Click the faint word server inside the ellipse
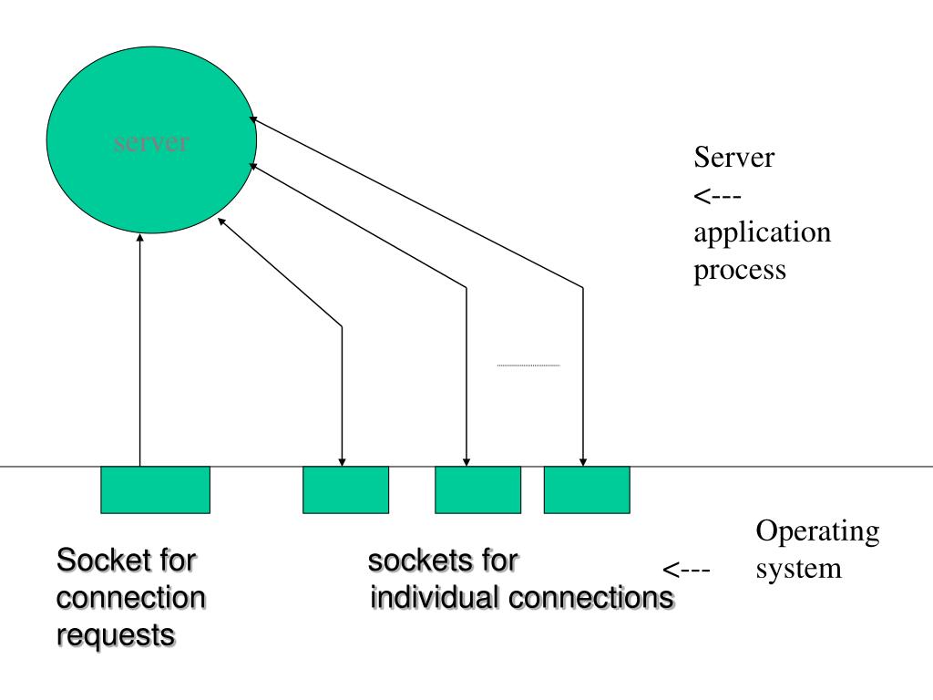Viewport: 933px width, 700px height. (152, 143)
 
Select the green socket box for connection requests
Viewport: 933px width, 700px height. (155, 489)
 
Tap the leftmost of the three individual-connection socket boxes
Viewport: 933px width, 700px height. (345, 489)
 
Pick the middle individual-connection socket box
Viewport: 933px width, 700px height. (477, 489)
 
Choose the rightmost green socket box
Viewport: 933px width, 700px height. (587, 489)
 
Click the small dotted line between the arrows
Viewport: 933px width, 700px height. (528, 365)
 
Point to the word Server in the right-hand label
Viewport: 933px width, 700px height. (734, 158)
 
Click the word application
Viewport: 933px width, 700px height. (762, 232)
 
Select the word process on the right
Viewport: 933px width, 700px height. (740, 271)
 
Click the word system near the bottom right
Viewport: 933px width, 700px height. (799, 569)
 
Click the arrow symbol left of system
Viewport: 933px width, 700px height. (686, 571)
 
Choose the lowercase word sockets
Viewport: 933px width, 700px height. (413, 561)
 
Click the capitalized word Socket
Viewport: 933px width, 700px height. (99, 560)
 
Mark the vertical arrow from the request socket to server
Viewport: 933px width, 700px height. (139, 346)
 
